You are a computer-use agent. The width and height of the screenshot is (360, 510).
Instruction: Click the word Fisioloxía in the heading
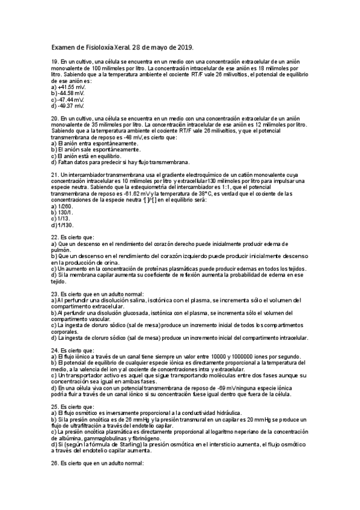tap(105, 48)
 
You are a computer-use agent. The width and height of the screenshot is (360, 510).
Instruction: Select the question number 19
tap(55, 61)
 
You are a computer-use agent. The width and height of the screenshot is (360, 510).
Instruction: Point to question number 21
tap(55, 175)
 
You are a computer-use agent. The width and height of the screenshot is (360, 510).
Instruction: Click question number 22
tap(55, 238)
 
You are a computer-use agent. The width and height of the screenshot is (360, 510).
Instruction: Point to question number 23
tap(55, 293)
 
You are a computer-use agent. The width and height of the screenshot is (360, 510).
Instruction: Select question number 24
tap(55, 350)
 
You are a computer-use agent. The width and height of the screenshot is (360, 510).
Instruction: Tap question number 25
tap(55, 407)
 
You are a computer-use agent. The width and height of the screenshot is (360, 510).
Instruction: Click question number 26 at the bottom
tap(55, 464)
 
